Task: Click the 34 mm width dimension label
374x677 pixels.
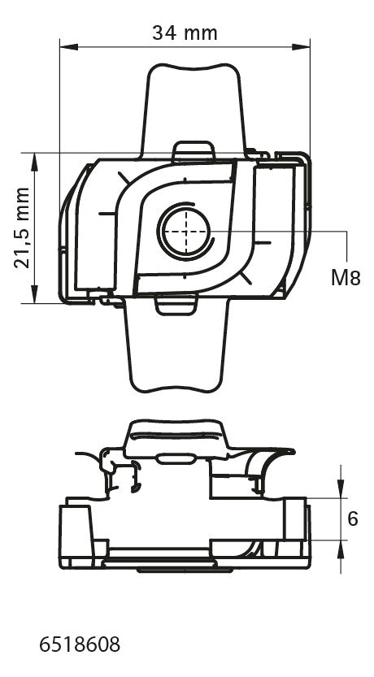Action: pyautogui.click(x=185, y=33)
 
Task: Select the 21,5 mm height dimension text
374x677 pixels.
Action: pyautogui.click(x=22, y=228)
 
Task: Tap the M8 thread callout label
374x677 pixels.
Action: pyautogui.click(x=346, y=279)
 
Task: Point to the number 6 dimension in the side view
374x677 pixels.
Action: pyautogui.click(x=353, y=519)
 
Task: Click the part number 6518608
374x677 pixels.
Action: pyautogui.click(x=80, y=645)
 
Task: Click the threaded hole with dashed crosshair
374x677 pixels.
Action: pyautogui.click(x=185, y=231)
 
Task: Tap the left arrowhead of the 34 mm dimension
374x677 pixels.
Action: pyautogui.click(x=68, y=46)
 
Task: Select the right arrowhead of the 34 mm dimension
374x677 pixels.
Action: pyautogui.click(x=301, y=46)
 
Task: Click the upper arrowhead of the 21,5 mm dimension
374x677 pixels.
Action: pyautogui.click(x=34, y=162)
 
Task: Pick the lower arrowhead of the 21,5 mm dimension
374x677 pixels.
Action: pyautogui.click(x=34, y=293)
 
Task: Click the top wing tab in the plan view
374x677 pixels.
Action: pyautogui.click(x=193, y=110)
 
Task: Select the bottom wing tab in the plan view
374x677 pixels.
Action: pyautogui.click(x=176, y=345)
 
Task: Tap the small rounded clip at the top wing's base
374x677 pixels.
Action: pyautogui.click(x=194, y=151)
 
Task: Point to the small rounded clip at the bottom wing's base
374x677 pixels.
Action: pyautogui.click(x=176, y=305)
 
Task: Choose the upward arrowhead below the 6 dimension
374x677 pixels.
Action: pyautogui.click(x=341, y=549)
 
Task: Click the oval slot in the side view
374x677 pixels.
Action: pyautogui.click(x=175, y=458)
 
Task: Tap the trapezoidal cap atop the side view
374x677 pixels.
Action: pyautogui.click(x=176, y=438)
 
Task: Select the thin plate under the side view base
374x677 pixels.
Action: pyautogui.click(x=185, y=570)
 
